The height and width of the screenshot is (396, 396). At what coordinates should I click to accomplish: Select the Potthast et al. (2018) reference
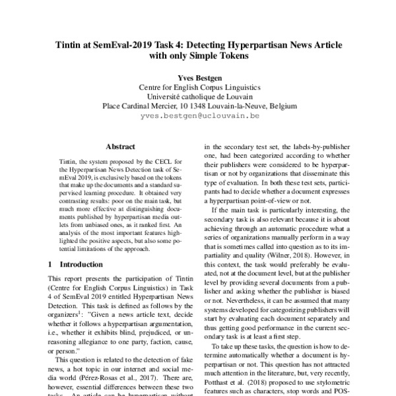234,382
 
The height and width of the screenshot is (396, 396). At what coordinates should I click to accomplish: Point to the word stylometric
325,382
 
